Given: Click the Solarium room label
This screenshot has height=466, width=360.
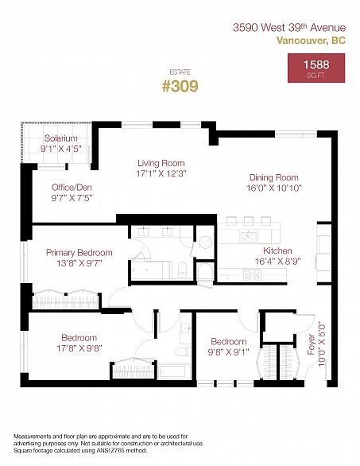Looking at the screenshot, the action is [x=61, y=138].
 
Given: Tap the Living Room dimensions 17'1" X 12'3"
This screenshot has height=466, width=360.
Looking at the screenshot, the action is [x=161, y=173].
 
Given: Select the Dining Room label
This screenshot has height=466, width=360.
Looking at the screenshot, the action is [x=274, y=177].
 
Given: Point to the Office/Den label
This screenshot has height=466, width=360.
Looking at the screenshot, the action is [x=72, y=187].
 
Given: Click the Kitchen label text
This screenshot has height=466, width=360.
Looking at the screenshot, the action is [x=277, y=250].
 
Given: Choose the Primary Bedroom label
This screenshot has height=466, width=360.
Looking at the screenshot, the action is [x=79, y=253].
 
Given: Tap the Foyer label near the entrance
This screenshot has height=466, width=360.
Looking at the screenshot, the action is [x=311, y=344].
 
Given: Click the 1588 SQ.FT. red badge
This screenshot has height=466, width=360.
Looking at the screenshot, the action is [x=316, y=68].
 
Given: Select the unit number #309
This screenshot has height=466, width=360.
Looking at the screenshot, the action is [x=180, y=86].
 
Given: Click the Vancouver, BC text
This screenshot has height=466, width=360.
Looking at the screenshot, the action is [x=312, y=40].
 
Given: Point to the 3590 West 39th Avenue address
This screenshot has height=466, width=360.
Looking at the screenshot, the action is [x=289, y=28].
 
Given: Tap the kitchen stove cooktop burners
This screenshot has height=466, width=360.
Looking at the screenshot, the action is [x=252, y=274].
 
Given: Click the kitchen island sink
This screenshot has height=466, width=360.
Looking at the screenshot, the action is [x=249, y=236].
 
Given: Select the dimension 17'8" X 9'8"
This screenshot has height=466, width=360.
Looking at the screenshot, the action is [x=79, y=348].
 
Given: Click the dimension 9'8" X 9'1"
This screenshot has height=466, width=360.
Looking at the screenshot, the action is [x=228, y=351].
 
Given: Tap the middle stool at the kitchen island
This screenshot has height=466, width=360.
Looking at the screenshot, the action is [x=249, y=220].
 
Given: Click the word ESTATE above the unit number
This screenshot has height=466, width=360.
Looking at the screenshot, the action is [x=180, y=72].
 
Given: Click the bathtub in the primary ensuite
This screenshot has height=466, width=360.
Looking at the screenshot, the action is [x=151, y=270].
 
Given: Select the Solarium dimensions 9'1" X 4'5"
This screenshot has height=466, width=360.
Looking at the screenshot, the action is [x=61, y=149].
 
